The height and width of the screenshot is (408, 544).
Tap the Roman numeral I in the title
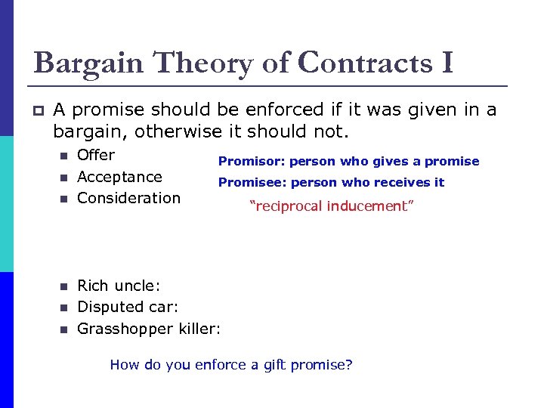(445, 63)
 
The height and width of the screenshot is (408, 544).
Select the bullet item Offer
(96, 155)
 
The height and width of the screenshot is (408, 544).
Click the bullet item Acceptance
(119, 177)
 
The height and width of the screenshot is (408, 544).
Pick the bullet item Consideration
(128, 198)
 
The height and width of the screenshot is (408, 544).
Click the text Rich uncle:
(119, 286)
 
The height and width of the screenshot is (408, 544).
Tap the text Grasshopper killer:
(149, 329)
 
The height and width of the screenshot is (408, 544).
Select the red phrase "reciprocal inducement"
(332, 206)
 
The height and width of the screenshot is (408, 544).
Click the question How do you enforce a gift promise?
(231, 365)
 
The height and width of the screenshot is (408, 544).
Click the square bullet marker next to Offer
(64, 156)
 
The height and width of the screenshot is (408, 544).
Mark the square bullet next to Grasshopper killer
(64, 329)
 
